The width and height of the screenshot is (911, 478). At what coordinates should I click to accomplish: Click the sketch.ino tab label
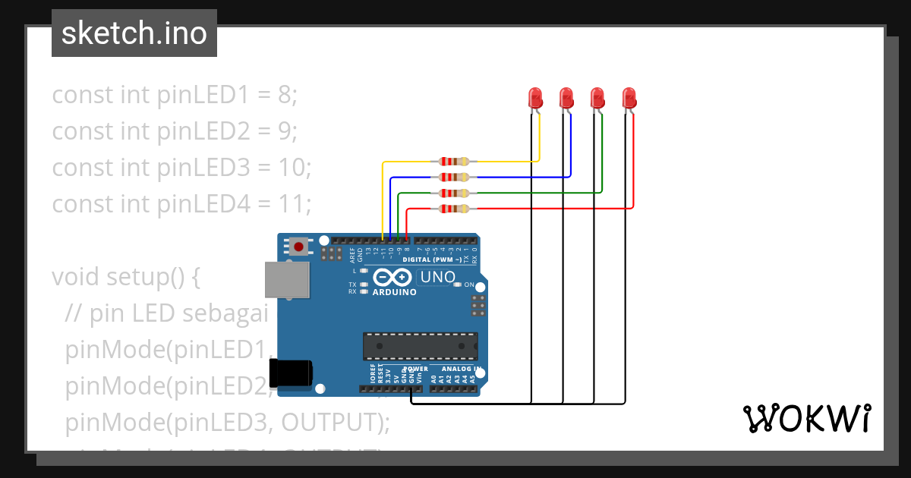coord(134,33)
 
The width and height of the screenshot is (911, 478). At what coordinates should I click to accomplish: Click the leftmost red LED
coord(535,97)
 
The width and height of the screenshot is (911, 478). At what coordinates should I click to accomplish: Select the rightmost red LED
coord(629,97)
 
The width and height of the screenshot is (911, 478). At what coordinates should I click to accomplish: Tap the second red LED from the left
coord(566,97)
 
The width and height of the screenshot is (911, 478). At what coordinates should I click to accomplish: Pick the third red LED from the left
coord(597,97)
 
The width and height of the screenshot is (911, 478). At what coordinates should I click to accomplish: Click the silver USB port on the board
coord(286,279)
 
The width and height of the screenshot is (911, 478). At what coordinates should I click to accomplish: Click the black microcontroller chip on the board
coord(420,345)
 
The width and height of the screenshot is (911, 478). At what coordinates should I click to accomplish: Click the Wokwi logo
coord(806,418)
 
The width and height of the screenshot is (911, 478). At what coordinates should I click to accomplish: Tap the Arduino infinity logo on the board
coord(393,278)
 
